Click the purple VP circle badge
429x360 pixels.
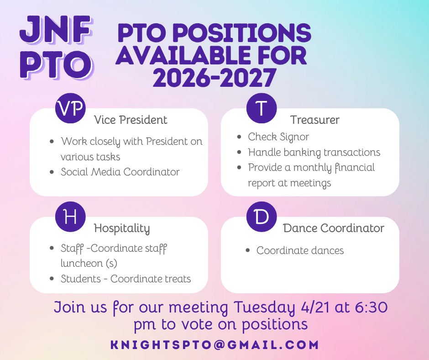pyautogui.click(x=70, y=108)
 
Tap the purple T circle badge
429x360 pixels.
pyautogui.click(x=262, y=108)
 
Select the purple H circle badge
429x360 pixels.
pyautogui.click(x=70, y=217)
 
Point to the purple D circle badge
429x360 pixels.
pyautogui.click(x=262, y=217)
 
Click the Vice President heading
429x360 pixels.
pyautogui.click(x=131, y=120)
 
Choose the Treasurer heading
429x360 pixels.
pyautogui.click(x=314, y=120)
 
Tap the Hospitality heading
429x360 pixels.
pyautogui.click(x=122, y=228)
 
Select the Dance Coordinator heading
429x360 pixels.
pyautogui.click(x=334, y=228)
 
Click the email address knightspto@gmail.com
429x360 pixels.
pyautogui.click(x=215, y=344)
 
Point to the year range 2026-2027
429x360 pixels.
pyautogui.click(x=214, y=78)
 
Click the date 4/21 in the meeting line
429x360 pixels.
pyautogui.click(x=315, y=307)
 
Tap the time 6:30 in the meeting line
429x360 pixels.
pyautogui.click(x=371, y=307)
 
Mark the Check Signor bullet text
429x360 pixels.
pyautogui.click(x=278, y=137)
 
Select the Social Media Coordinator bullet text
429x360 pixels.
pyautogui.click(x=120, y=172)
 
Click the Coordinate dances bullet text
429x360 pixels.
pyautogui.click(x=300, y=250)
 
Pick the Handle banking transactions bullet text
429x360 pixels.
pyautogui.click(x=314, y=152)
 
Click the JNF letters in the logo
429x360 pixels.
pyautogui.click(x=56, y=30)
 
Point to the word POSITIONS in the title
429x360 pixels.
pyautogui.click(x=242, y=33)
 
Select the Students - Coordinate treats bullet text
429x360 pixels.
pyautogui.click(x=126, y=279)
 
